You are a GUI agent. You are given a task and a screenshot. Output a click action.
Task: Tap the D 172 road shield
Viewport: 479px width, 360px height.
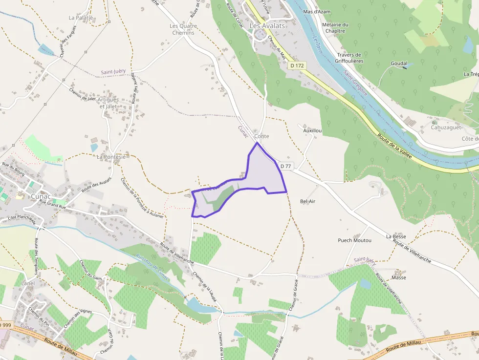point(297,65)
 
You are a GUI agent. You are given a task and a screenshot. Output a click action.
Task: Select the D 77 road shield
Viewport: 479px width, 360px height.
point(286,166)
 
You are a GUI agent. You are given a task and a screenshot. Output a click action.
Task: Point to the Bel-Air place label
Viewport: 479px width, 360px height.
point(308,201)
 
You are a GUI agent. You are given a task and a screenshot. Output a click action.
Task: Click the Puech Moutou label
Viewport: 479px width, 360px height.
point(355,240)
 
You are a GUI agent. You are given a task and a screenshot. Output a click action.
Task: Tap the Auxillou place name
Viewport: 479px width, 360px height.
point(312,131)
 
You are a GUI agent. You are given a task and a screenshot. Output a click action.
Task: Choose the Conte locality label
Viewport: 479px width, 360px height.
point(262,136)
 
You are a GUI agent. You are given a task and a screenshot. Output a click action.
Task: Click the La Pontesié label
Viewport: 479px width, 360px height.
point(111,157)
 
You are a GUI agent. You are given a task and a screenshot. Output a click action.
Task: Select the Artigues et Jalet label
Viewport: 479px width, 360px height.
point(109,103)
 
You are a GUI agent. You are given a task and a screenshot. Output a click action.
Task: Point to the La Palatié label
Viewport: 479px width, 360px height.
point(81,18)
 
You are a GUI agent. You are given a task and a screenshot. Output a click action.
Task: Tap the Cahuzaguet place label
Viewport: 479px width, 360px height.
point(446,127)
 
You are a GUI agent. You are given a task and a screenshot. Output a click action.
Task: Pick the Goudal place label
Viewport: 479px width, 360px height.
point(399,64)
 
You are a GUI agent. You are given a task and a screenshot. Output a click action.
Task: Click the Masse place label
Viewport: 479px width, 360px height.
point(399,277)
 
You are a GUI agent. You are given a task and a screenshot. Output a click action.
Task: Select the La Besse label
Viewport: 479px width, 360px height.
point(396,236)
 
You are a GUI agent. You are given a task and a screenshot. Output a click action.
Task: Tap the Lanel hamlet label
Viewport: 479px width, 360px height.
point(28,283)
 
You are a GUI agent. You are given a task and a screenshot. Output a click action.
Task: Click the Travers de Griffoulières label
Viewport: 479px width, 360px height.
point(349,58)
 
